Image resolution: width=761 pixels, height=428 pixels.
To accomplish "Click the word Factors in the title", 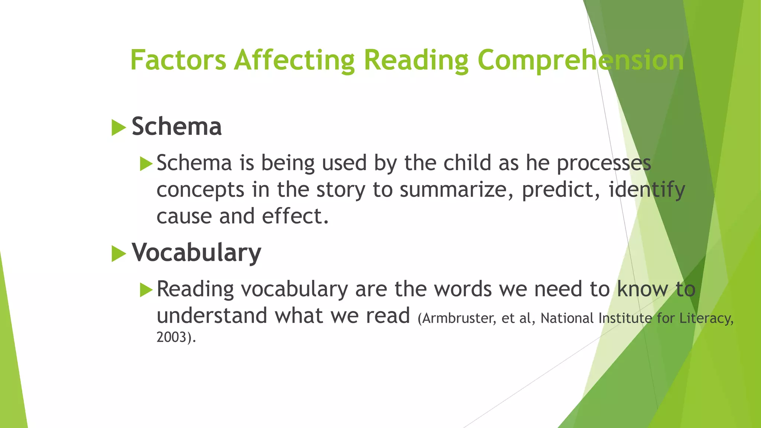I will click(x=178, y=60).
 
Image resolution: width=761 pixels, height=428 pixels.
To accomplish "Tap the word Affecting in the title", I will click(x=294, y=60).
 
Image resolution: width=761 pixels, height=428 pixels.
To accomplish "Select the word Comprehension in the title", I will click(x=580, y=60).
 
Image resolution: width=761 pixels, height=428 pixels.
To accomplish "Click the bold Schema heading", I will click(x=177, y=127).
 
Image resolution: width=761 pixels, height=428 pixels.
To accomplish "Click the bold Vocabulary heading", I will click(x=196, y=253).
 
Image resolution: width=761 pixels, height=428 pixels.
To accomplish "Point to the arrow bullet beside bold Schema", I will click(x=119, y=128).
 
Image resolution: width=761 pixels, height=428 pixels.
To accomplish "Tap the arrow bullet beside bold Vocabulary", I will click(x=119, y=254).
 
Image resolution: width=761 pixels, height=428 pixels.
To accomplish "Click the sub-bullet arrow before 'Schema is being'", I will click(x=146, y=164).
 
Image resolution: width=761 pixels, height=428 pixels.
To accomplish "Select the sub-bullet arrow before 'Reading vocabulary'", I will click(x=146, y=290).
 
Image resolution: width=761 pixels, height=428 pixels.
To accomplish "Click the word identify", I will click(x=647, y=190).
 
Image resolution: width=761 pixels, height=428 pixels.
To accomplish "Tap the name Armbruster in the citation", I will click(x=459, y=319).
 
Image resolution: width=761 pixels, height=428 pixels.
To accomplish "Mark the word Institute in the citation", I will click(x=625, y=319).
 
